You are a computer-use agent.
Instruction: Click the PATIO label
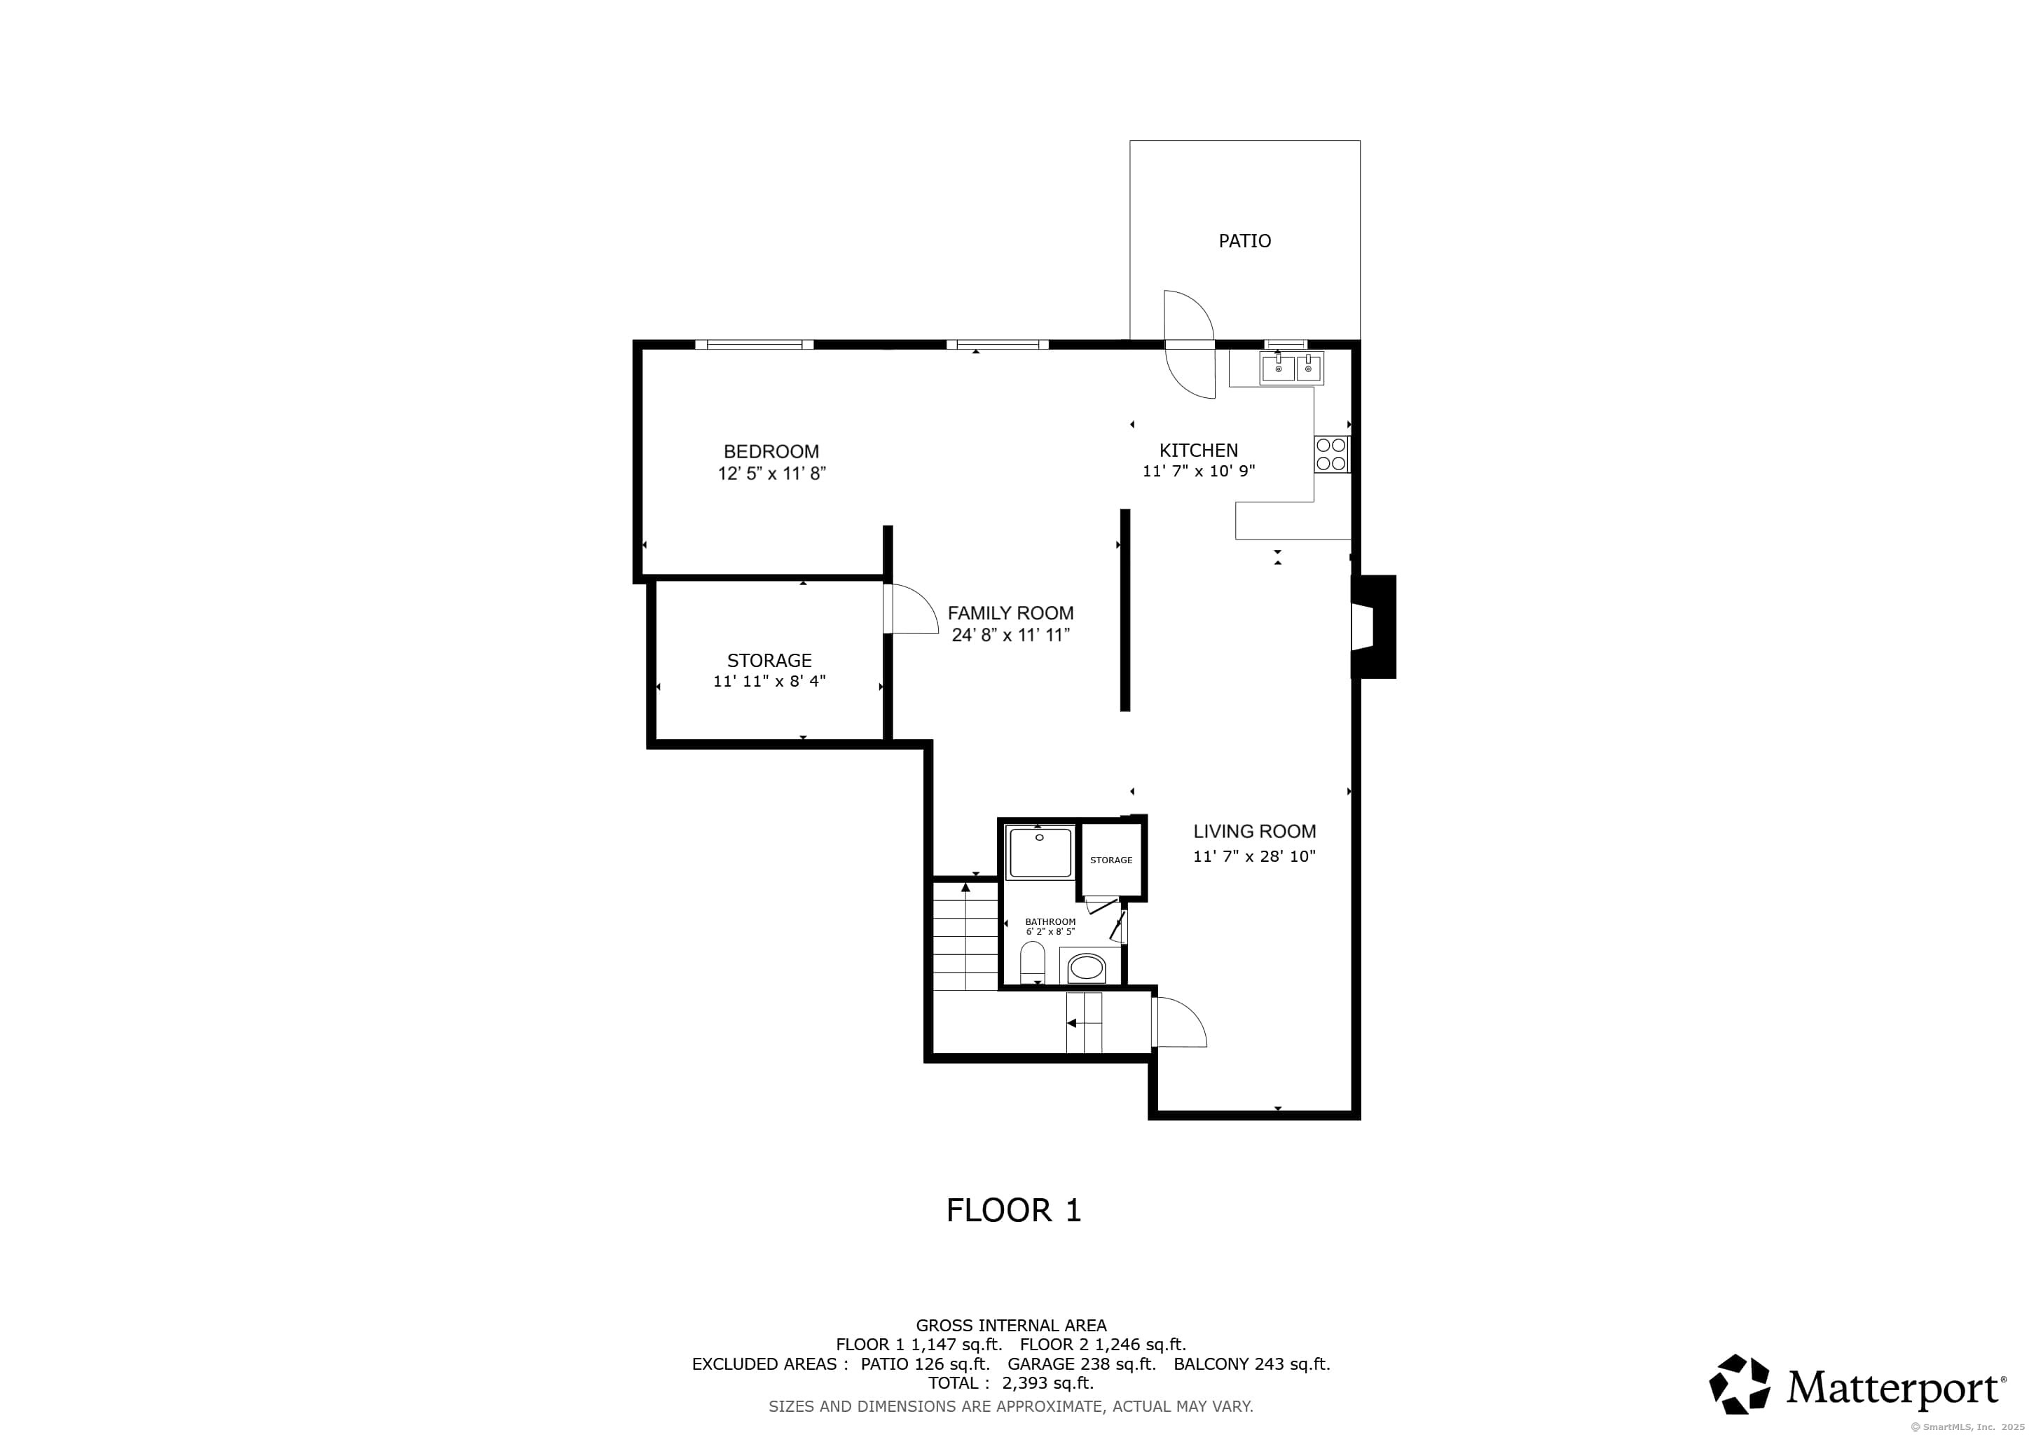(x=1244, y=240)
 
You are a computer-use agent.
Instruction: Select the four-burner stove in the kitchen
(x=1331, y=454)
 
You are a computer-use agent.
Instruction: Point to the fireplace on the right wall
(x=1373, y=626)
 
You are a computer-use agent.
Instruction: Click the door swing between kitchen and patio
(x=1190, y=344)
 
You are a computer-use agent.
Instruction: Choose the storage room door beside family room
(x=911, y=608)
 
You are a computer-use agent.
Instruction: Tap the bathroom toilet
(x=1032, y=962)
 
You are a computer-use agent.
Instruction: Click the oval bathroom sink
(x=1086, y=967)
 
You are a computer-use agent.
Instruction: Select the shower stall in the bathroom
(x=1041, y=853)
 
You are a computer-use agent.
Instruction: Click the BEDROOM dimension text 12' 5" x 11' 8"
(x=771, y=474)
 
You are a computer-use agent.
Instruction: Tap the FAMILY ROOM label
(x=1011, y=613)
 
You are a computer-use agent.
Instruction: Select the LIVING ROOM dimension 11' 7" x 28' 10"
(x=1254, y=856)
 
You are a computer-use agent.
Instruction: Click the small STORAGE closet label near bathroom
(x=1110, y=860)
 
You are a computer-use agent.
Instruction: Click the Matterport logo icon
(x=1739, y=1383)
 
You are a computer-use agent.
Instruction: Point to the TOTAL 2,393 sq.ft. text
(x=1011, y=1383)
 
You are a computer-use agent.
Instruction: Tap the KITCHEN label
(x=1198, y=451)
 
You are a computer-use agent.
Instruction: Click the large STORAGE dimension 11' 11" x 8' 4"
(x=769, y=681)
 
